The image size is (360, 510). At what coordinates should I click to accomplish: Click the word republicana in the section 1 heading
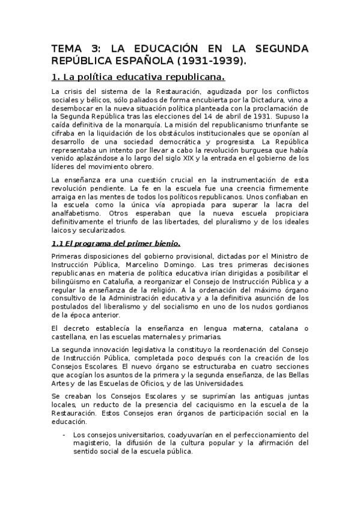[191, 78]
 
